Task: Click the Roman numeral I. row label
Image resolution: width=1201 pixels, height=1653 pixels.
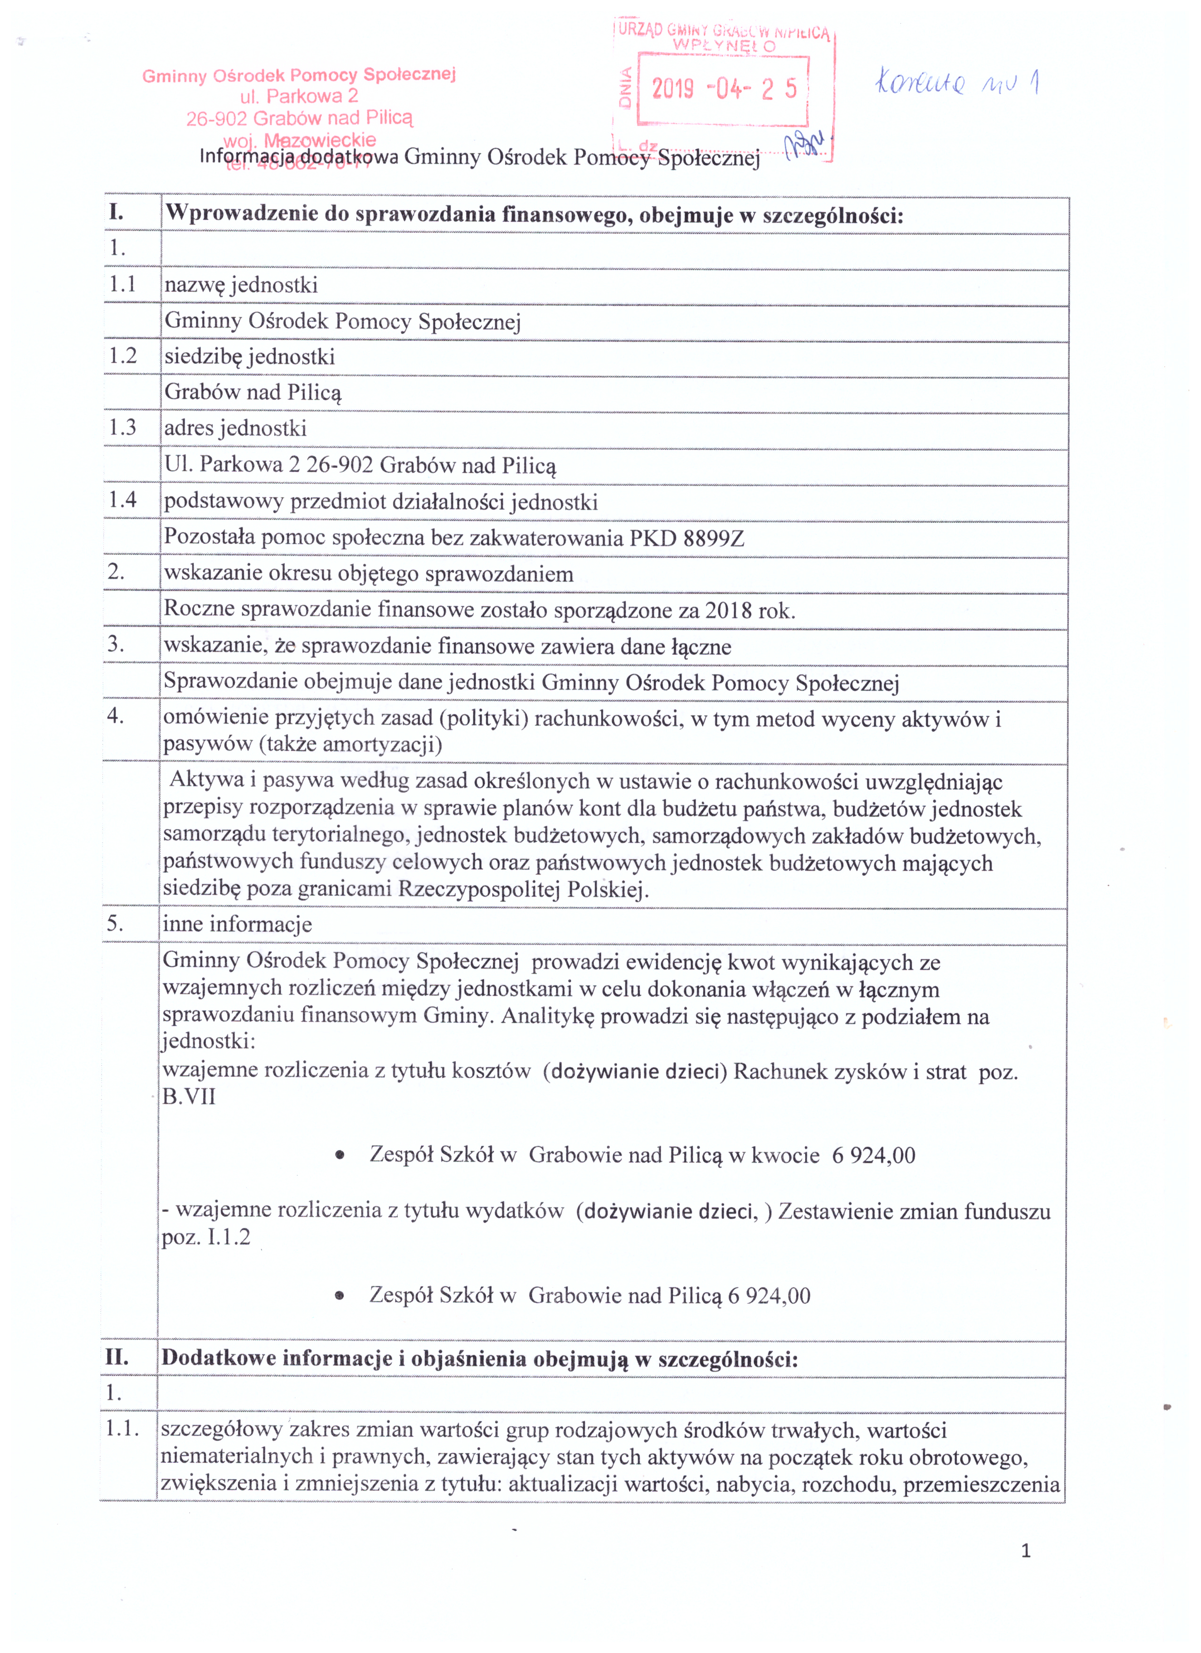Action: [116, 213]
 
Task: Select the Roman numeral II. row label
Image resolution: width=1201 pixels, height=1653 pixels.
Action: [117, 1358]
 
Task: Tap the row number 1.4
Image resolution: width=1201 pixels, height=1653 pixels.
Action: [122, 499]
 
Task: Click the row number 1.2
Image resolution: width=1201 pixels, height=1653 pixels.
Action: [122, 356]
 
